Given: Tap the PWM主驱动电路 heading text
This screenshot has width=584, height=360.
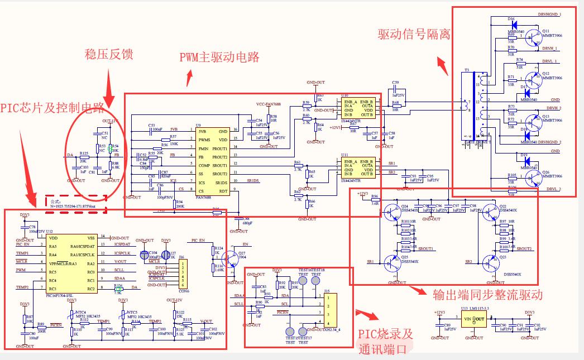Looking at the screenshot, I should pyautogui.click(x=219, y=57).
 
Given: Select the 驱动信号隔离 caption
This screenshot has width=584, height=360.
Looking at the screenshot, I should pyautogui.click(x=414, y=35).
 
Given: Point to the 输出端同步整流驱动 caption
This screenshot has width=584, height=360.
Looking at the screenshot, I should pyautogui.click(x=487, y=294).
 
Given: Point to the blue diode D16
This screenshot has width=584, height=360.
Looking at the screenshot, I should pyautogui.click(x=513, y=24).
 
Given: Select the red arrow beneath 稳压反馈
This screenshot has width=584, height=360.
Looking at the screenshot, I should pyautogui.click(x=109, y=84).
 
